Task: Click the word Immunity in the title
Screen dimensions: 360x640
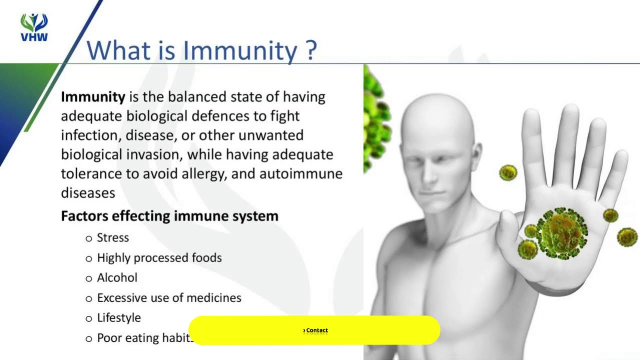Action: [x=240, y=50]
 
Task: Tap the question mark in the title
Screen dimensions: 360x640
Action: [x=310, y=50]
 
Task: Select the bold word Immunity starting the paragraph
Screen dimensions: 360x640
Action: [x=93, y=96]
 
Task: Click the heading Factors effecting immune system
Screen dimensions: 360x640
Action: [x=169, y=216]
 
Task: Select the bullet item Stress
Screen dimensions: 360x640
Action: [x=112, y=237]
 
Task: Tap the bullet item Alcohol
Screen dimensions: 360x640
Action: [x=117, y=277]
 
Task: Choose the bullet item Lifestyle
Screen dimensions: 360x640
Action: [x=119, y=317]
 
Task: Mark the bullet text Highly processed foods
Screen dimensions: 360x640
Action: [x=159, y=257]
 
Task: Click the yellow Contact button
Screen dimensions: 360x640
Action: [x=315, y=330]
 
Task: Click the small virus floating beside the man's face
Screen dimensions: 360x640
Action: [x=508, y=172]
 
